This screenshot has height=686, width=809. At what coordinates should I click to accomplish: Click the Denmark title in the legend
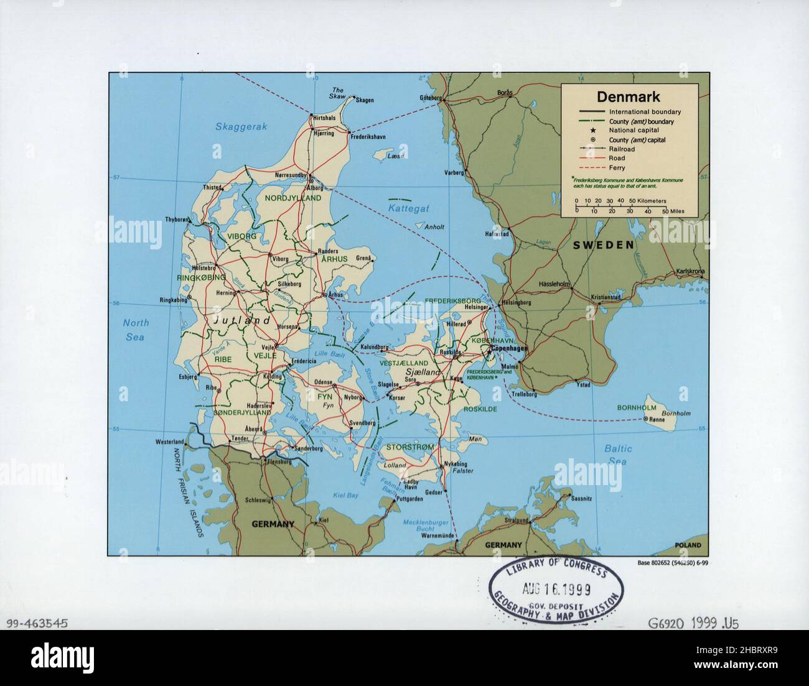pos(629,97)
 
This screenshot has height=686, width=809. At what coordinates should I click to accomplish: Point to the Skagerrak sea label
pos(241,126)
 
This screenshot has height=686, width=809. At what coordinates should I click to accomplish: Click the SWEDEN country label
pos(604,245)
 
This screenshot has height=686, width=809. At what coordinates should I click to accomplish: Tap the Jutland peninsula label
pos(241,321)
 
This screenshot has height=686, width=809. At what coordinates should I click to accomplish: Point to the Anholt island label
pos(433,227)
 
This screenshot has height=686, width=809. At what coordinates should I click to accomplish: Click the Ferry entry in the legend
pos(617,168)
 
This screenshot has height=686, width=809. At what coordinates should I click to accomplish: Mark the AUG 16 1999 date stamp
pos(558,588)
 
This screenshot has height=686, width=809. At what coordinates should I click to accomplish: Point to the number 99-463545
pos(35,623)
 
